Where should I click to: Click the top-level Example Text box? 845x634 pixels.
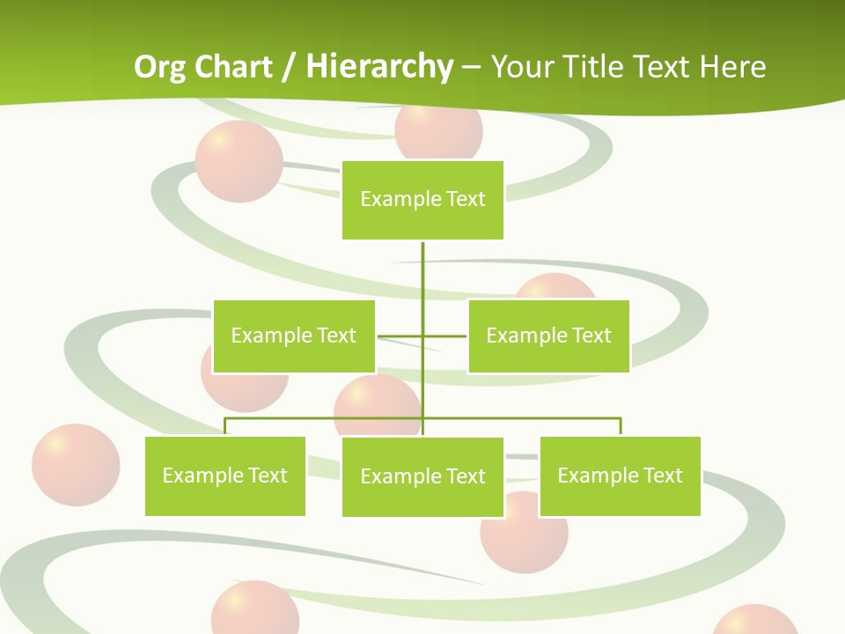pyautogui.click(x=422, y=200)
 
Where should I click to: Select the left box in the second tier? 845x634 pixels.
pyautogui.click(x=294, y=335)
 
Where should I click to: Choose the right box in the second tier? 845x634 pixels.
pyautogui.click(x=548, y=335)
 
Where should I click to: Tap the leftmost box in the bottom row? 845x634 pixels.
pyautogui.click(x=225, y=475)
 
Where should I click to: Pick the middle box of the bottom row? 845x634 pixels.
pyautogui.click(x=422, y=476)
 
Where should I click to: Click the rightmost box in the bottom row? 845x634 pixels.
pyautogui.click(x=620, y=475)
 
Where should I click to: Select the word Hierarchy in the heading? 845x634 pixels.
pyautogui.click(x=379, y=67)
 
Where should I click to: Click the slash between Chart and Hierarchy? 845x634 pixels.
pyautogui.click(x=289, y=67)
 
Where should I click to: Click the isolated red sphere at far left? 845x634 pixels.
pyautogui.click(x=76, y=465)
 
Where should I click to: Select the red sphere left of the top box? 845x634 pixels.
pyautogui.click(x=239, y=162)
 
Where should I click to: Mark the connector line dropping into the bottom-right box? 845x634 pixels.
pyautogui.click(x=621, y=426)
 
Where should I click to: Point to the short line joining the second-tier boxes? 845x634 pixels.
pyautogui.click(x=400, y=335)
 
